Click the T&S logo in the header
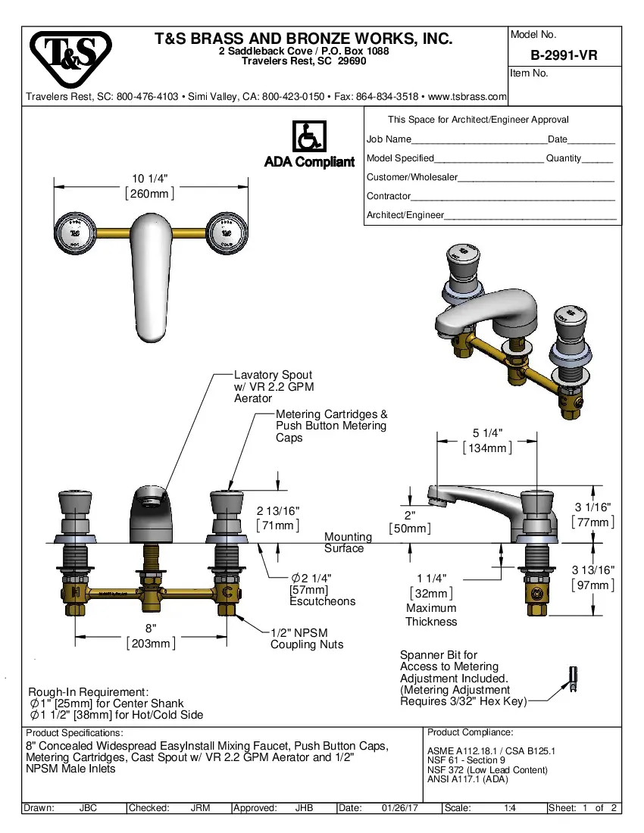(70, 58)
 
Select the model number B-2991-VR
(564, 55)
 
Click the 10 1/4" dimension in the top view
(150, 186)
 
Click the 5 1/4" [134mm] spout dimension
(487, 440)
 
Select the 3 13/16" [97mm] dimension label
(592, 578)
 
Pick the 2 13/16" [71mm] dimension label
(278, 518)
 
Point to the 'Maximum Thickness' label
(431, 615)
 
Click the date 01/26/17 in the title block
(400, 808)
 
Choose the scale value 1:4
(510, 808)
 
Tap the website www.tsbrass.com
(467, 97)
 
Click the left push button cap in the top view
(77, 228)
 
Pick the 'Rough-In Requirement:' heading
(89, 692)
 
